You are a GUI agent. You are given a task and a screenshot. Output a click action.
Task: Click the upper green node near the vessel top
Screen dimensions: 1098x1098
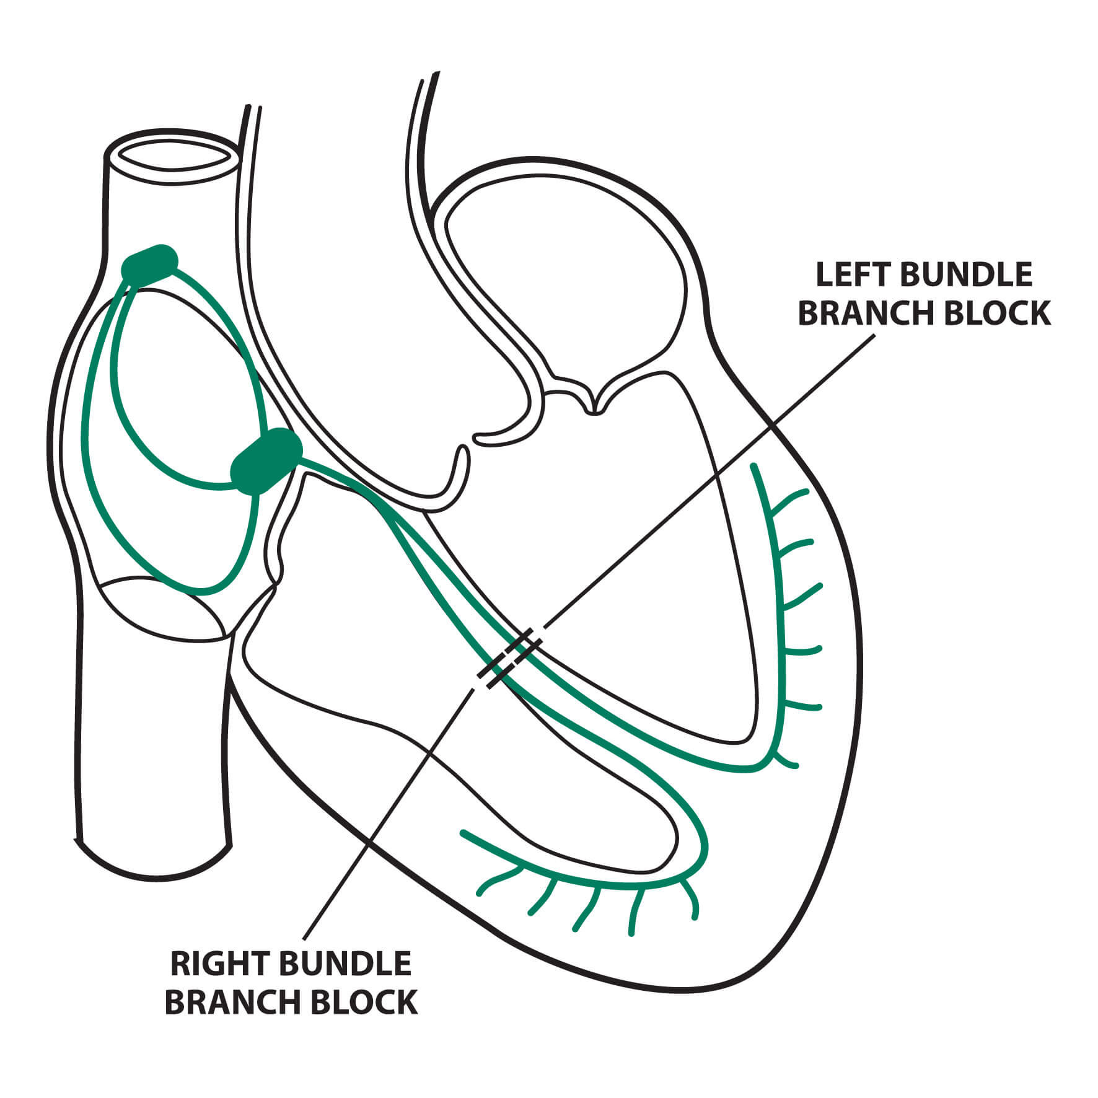pos(149,265)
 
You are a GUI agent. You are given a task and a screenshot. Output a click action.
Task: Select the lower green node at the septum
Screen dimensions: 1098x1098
pos(266,461)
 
